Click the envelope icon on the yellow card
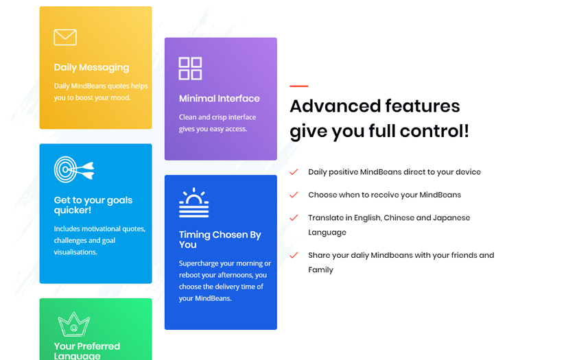pos(65,37)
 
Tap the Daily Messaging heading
pos(91,67)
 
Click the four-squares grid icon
pos(190,69)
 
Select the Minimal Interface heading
pos(219,98)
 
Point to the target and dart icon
pos(73,169)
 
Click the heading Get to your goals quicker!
pos(93,205)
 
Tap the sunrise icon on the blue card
pos(193,202)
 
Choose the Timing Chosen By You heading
pos(220,239)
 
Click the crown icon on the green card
pos(73,324)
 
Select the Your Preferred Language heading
pos(86,350)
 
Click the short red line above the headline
pos(298,86)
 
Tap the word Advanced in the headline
pos(334,106)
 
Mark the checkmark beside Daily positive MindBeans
pos(294,172)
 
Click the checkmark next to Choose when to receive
pos(294,195)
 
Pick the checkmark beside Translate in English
pos(294,218)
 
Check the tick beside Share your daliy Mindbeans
pos(294,255)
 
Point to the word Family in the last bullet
pos(320,270)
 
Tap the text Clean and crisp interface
pos(217,117)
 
